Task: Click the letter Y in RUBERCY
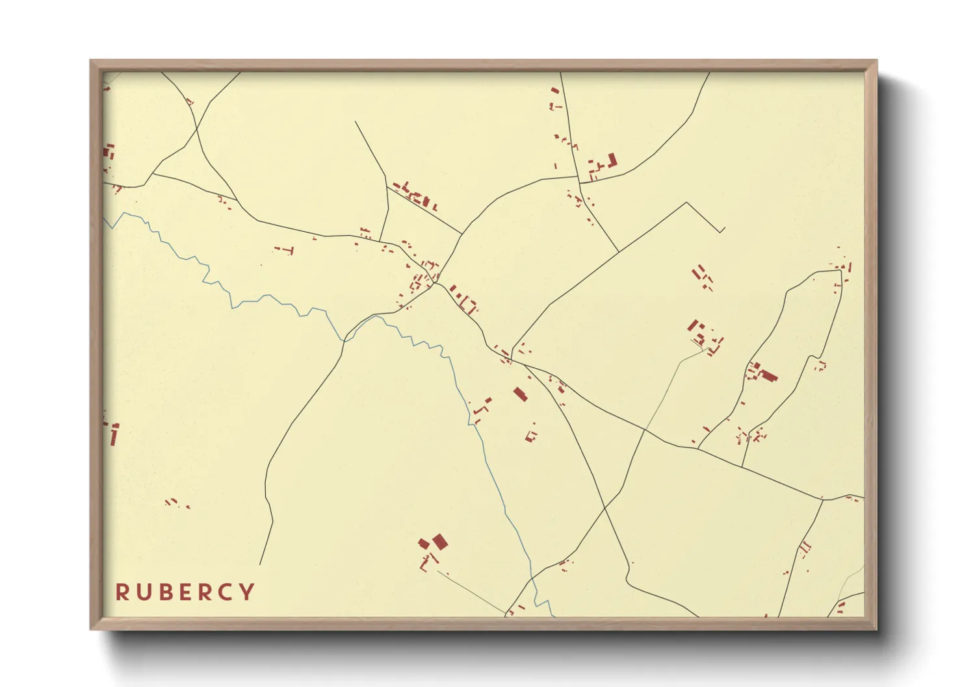(x=246, y=592)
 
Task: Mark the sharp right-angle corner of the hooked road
(x=687, y=203)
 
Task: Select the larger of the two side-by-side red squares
(x=440, y=541)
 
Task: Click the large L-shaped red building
(x=611, y=160)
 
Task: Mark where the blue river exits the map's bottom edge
(x=552, y=616)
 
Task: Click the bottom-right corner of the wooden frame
(x=876, y=629)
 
